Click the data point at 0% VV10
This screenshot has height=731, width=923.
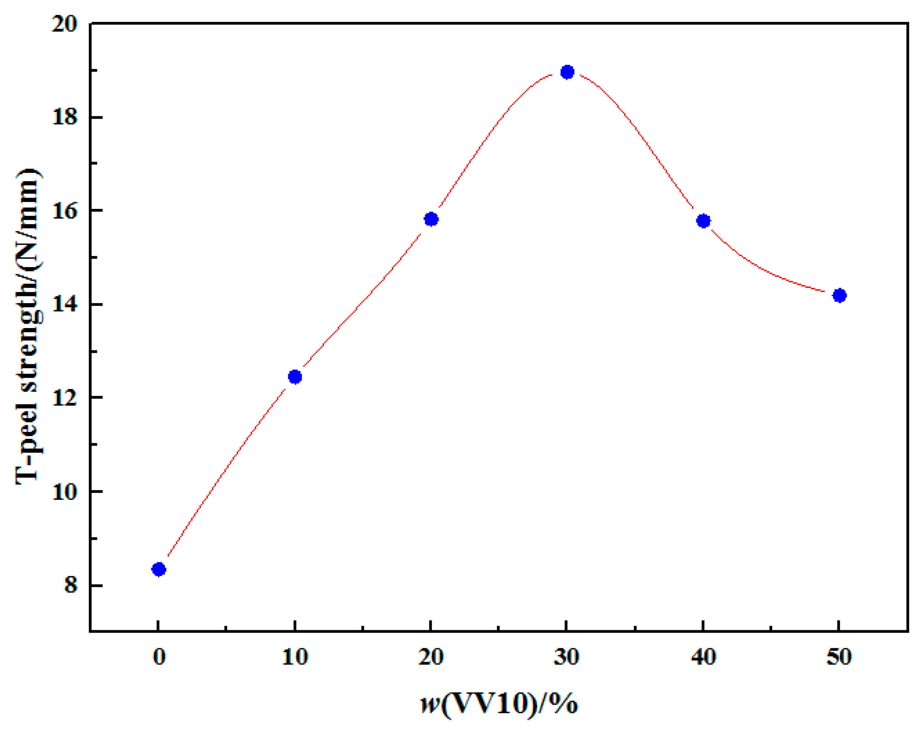tap(159, 569)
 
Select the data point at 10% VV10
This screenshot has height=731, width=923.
tap(295, 377)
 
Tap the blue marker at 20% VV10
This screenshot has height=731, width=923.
tap(431, 219)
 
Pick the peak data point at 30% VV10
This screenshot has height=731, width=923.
tap(567, 72)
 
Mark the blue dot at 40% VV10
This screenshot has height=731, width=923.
tap(703, 221)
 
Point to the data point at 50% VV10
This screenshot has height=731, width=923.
tap(839, 295)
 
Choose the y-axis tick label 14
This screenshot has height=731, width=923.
tap(65, 304)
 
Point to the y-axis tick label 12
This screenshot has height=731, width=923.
tap(65, 398)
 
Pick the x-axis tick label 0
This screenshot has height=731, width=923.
tap(159, 657)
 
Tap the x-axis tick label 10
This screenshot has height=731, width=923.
tap(295, 657)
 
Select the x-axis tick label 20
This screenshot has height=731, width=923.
tap(431, 657)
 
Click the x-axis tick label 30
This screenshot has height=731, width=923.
tap(567, 657)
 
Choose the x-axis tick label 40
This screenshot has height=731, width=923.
tap(703, 657)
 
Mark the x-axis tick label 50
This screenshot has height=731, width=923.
tap(839, 657)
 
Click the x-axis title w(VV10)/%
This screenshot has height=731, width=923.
tap(499, 704)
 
